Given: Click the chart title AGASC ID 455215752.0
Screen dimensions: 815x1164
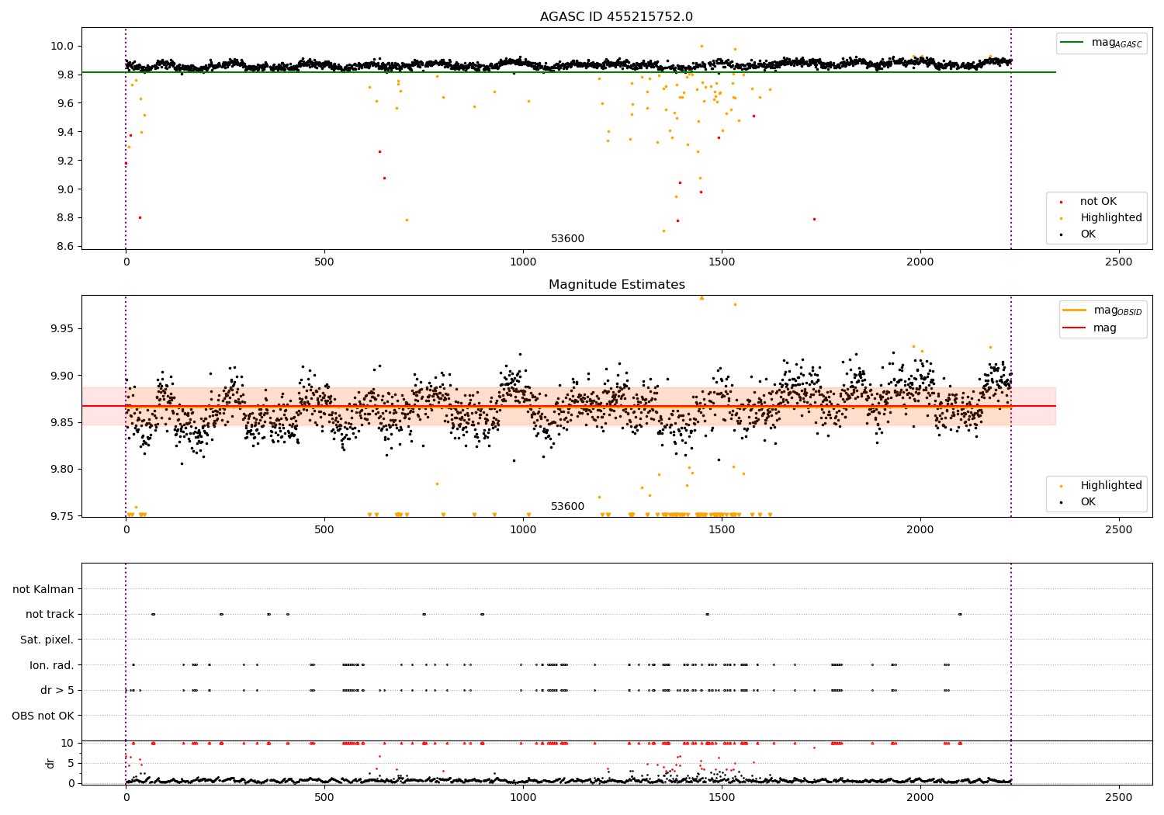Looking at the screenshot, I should (616, 17).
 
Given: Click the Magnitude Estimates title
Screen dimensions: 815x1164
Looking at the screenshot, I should (616, 285).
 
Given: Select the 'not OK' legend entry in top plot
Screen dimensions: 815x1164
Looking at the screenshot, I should (1098, 202).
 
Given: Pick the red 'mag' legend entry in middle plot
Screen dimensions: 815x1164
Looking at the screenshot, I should (1104, 328).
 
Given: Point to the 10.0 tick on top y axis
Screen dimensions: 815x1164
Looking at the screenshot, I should (62, 46).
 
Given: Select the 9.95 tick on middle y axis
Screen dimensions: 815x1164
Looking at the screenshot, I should (62, 329).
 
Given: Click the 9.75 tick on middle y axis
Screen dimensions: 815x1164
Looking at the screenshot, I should (62, 516).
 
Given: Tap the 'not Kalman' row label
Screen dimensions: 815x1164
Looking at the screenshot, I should (43, 589).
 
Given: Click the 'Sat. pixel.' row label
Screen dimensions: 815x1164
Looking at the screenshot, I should (47, 640).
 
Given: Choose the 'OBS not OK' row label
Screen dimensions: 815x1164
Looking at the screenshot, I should (43, 716).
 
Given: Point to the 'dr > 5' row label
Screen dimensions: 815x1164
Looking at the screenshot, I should (57, 690).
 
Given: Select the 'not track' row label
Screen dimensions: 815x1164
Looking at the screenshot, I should (50, 614).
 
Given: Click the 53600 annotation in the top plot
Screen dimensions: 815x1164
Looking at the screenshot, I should (567, 239).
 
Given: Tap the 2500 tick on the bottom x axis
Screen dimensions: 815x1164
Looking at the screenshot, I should (1118, 796).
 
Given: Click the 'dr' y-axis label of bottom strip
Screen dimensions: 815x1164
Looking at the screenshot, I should (50, 763).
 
